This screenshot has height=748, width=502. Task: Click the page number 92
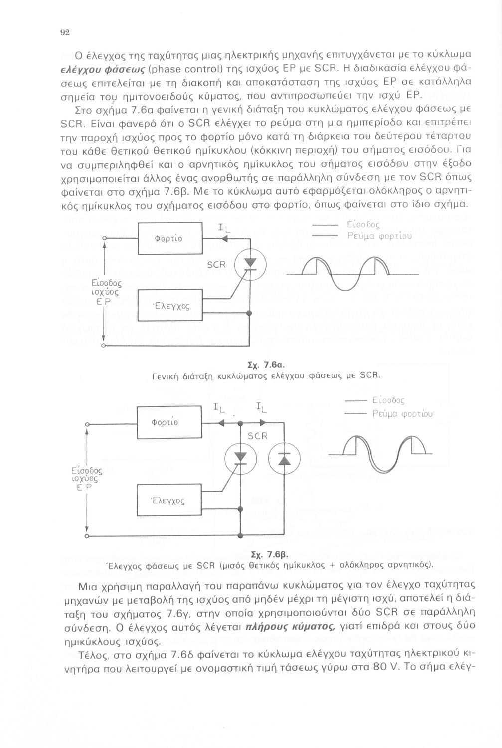(64, 32)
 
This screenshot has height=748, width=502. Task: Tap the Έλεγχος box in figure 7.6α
(169, 305)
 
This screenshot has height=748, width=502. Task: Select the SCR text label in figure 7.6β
(258, 436)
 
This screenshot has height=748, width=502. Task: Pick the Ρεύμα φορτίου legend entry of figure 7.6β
(402, 414)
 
